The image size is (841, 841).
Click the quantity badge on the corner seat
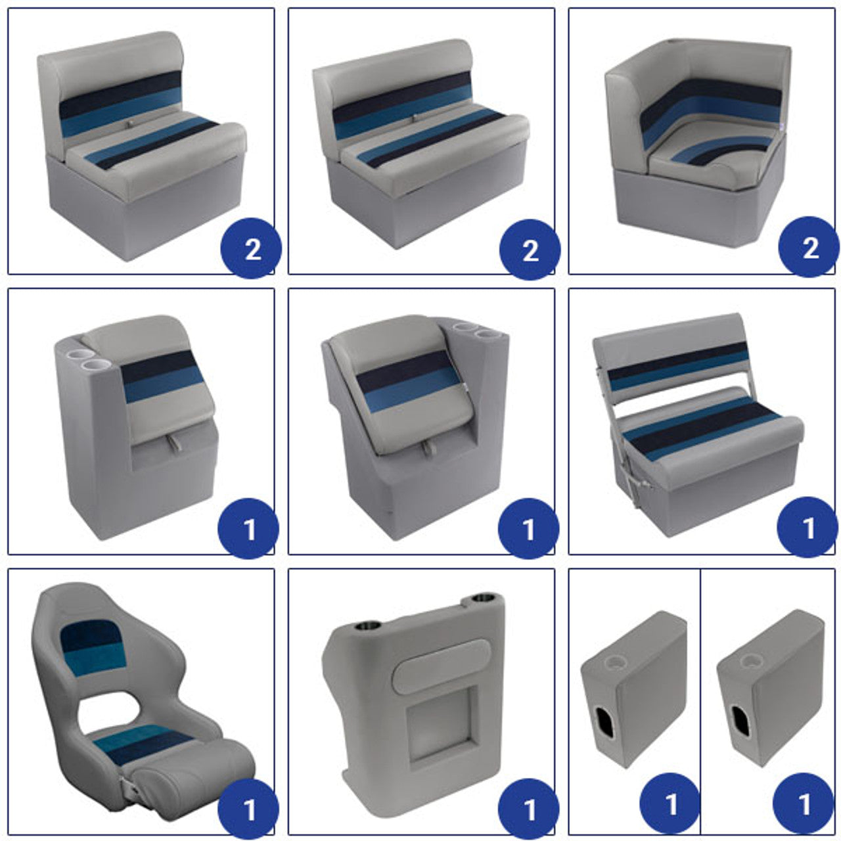pos(808,248)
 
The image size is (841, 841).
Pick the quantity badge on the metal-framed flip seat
pos(808,528)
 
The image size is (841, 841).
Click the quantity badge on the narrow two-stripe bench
pos(251,248)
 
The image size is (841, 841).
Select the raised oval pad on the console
pos(441,667)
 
